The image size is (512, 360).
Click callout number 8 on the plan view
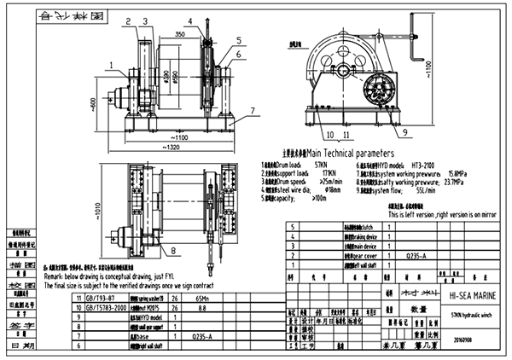pos(174,251)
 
